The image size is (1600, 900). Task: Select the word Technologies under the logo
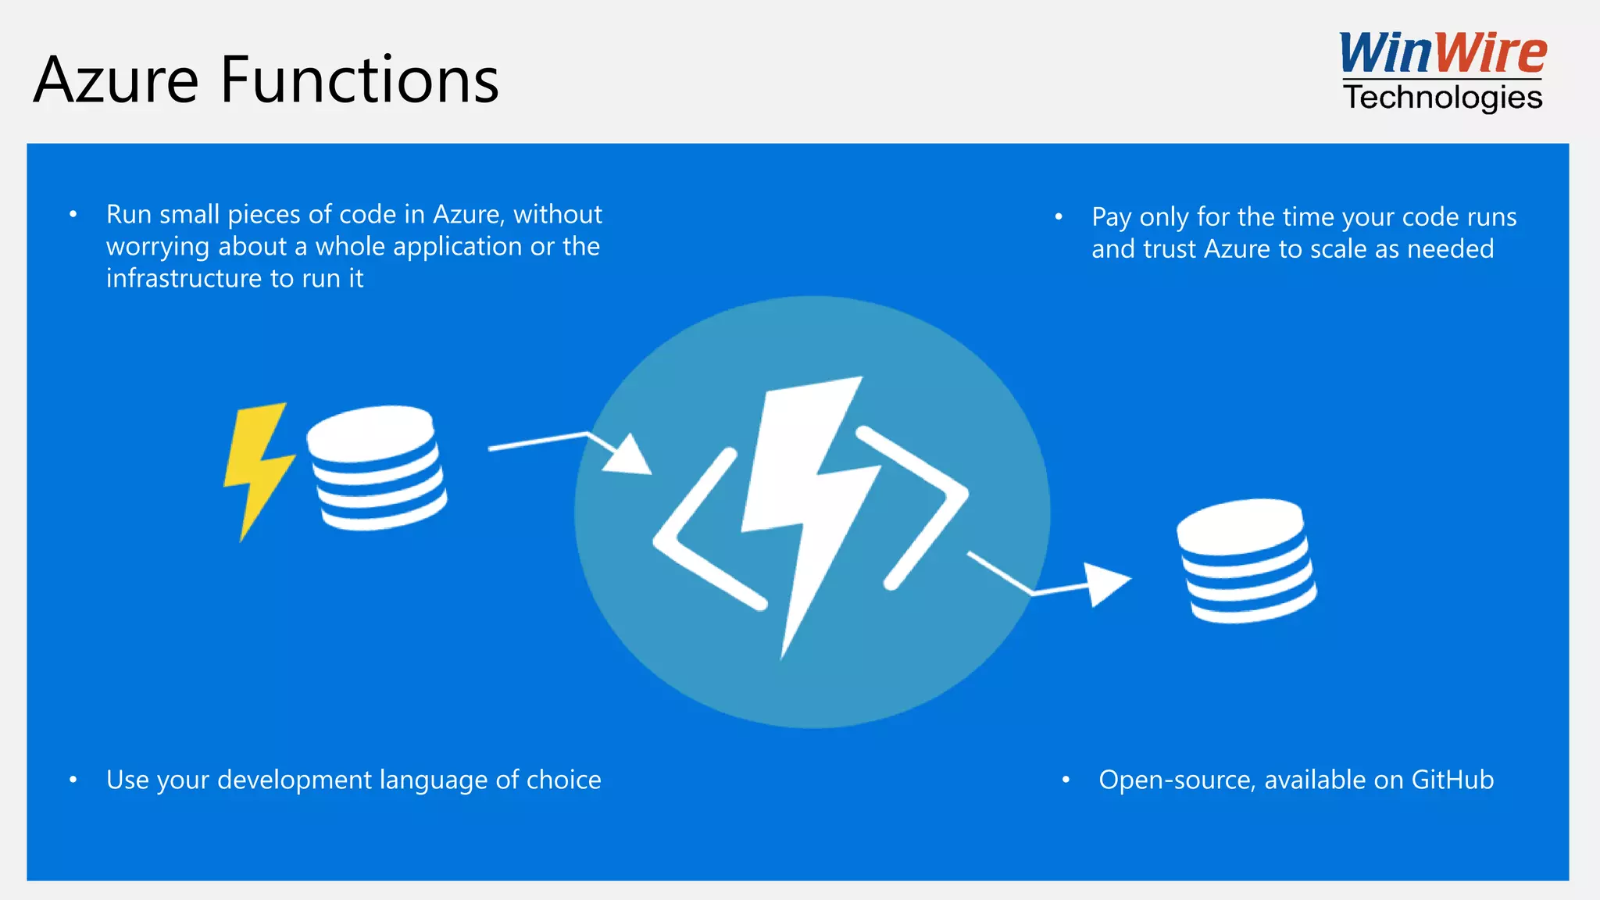click(1443, 98)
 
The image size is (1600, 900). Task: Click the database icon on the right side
click(1246, 560)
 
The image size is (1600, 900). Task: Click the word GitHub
click(1452, 780)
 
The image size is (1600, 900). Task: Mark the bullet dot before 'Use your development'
click(73, 780)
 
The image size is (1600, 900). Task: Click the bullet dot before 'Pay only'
click(1059, 216)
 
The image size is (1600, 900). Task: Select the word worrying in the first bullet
click(158, 248)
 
